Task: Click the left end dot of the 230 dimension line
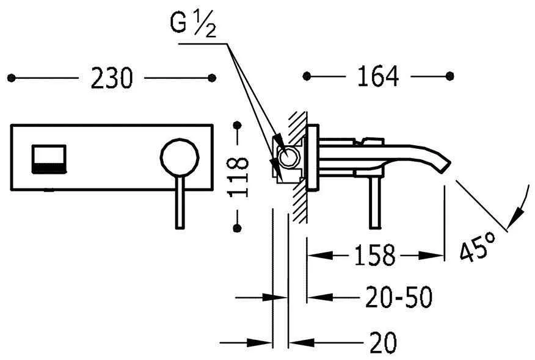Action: coord(11,78)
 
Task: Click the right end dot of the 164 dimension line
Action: coord(449,76)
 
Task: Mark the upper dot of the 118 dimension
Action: coord(237,126)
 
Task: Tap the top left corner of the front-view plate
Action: coord(11,126)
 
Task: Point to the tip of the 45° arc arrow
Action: coord(508,228)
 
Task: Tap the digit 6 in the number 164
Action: coord(377,76)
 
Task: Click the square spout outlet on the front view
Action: coord(49,159)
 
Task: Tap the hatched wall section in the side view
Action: coord(298,167)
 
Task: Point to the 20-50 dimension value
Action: coord(399,297)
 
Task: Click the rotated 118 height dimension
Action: coord(238,177)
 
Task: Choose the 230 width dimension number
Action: coord(111,78)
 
